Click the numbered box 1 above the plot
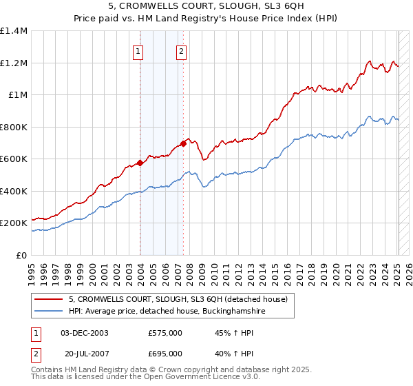138,50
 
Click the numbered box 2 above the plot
180,50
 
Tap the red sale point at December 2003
140,163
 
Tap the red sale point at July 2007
184,143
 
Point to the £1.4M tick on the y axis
14,31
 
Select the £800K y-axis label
14,127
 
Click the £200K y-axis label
14,223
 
